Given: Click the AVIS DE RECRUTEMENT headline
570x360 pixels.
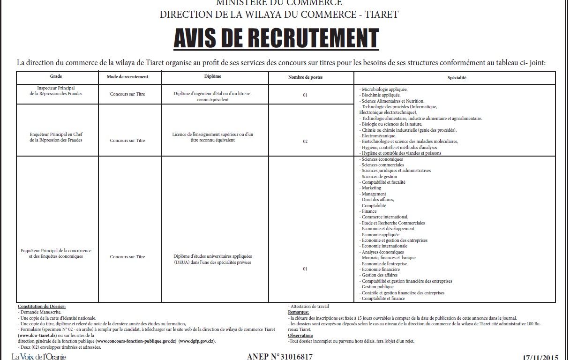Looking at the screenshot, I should pos(276,38).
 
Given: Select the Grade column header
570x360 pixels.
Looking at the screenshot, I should pos(56,76).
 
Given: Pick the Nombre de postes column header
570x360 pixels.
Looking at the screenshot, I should pos(305,77).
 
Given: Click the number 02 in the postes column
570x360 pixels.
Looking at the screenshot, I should pos(305,141).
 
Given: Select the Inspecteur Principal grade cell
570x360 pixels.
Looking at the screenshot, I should pos(56,91).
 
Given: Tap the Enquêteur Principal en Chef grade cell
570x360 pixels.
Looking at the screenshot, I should pos(56,137).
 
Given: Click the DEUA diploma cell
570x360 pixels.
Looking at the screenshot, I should pos(212,259).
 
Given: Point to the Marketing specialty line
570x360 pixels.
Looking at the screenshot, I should pos(371,188).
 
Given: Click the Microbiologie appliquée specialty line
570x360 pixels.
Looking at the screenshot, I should pos(384,89).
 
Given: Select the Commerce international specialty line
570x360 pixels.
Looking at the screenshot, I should pos(384,217).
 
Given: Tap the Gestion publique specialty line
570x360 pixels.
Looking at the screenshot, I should pos(377,287).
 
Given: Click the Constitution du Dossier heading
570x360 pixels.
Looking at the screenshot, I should pos(41,306).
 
